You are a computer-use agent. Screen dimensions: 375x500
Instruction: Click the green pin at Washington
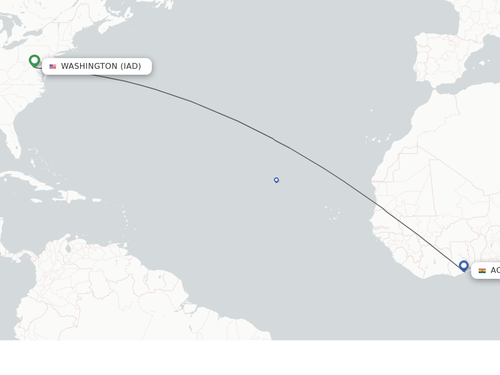click(34, 61)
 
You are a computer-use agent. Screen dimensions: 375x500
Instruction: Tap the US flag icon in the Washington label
click(53, 66)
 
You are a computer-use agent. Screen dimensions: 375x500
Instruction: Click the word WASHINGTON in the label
click(89, 66)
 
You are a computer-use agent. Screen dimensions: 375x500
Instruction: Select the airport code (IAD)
click(131, 66)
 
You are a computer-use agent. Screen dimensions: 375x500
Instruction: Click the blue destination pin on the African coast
click(464, 266)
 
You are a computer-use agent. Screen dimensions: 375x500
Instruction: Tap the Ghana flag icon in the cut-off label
click(482, 271)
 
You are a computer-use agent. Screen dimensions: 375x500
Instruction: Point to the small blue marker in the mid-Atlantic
click(276, 180)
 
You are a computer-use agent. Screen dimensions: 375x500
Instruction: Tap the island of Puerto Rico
click(97, 200)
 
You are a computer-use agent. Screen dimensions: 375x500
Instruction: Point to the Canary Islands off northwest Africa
click(376, 139)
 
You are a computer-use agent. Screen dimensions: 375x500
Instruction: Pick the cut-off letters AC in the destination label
click(495, 271)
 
